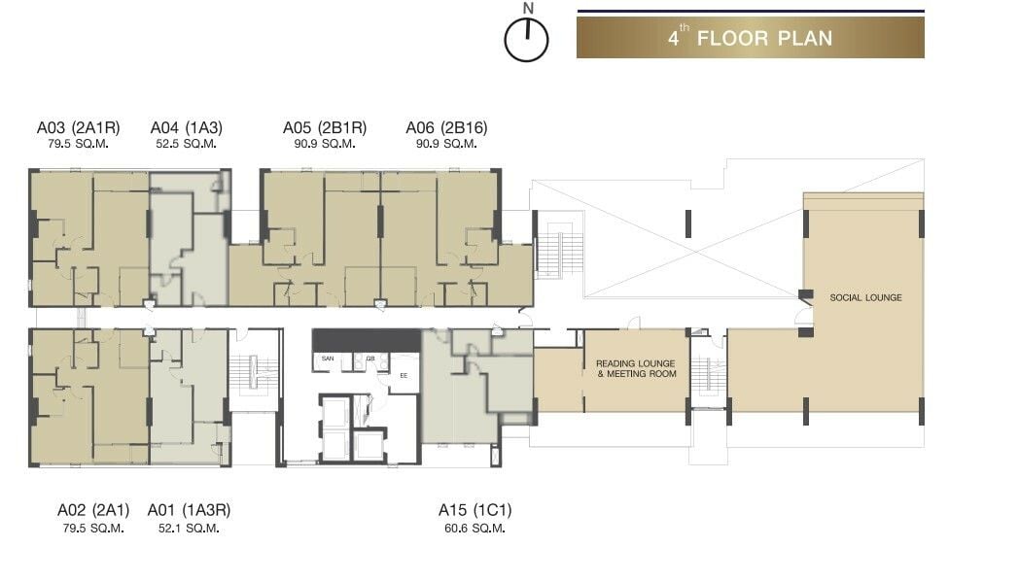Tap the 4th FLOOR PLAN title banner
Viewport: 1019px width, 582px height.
point(750,38)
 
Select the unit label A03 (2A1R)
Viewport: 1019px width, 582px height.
point(78,127)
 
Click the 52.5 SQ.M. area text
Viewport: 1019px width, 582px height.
point(186,144)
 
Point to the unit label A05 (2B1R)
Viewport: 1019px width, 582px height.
point(325,127)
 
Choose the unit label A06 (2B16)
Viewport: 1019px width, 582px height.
point(446,127)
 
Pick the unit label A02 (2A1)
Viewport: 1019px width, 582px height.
point(93,510)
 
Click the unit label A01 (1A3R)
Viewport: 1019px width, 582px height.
point(189,510)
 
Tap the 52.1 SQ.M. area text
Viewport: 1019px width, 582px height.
point(189,529)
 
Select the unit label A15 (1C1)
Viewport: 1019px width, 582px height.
point(475,510)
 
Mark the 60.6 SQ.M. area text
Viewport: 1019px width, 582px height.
point(474,529)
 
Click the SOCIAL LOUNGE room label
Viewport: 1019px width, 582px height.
point(865,297)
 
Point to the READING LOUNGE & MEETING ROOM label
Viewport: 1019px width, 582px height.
point(636,368)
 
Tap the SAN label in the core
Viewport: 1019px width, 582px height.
point(328,359)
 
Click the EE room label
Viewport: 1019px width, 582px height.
point(404,375)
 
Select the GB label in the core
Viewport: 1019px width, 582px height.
point(370,359)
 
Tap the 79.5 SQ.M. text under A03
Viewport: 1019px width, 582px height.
point(78,144)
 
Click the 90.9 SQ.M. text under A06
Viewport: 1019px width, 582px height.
point(446,144)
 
